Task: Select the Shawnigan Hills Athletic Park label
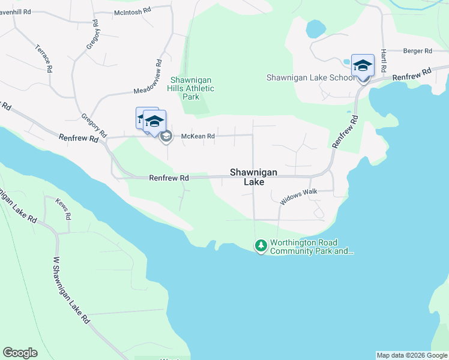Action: point(192,88)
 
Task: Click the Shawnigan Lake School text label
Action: point(310,77)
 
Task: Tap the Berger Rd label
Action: point(418,52)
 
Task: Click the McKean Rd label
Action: point(194,136)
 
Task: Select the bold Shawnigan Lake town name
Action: point(254,176)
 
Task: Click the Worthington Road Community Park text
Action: point(312,247)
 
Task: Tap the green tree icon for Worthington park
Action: point(261,245)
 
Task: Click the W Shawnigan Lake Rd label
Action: point(71,290)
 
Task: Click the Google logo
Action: point(20,353)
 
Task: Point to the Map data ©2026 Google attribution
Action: point(411,355)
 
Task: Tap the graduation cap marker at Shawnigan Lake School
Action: point(363,64)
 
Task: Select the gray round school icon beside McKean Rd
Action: point(166,136)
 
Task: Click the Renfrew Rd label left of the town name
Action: point(169,178)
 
